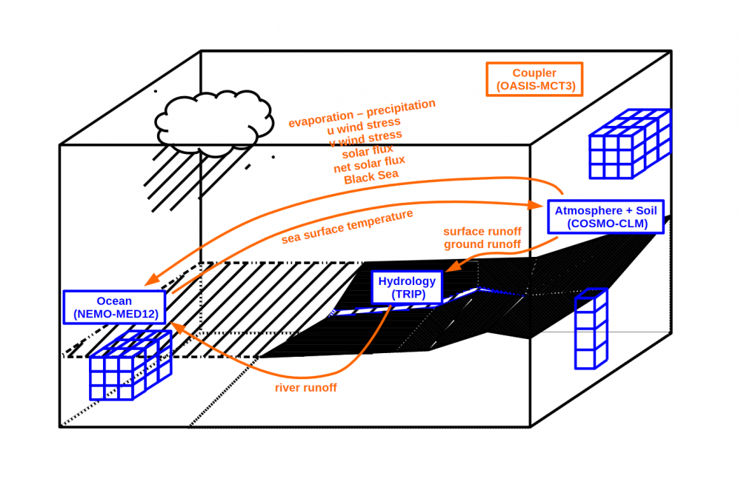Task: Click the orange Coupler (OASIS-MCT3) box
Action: tap(534, 79)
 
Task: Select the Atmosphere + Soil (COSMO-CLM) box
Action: tap(606, 217)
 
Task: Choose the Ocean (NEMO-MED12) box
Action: tap(114, 307)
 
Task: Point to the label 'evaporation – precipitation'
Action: tap(362, 113)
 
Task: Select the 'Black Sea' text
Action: tap(371, 176)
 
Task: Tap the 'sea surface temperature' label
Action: tap(347, 227)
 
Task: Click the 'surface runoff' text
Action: tap(482, 231)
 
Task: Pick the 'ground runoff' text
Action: tap(482, 244)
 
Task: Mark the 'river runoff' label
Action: tap(305, 387)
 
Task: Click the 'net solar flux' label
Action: tap(370, 164)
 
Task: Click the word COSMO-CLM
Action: tap(605, 224)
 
